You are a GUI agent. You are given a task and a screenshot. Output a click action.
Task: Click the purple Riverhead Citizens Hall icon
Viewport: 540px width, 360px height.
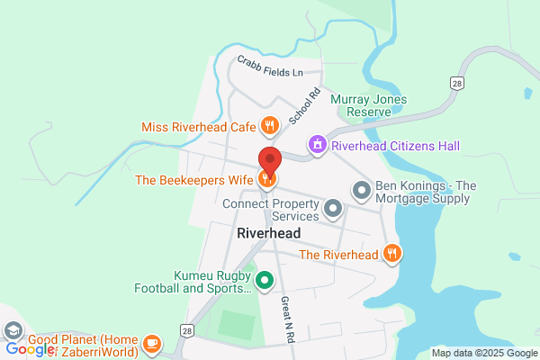pos(317,144)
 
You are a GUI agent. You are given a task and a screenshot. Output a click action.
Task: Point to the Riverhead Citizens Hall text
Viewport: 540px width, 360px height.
pos(395,145)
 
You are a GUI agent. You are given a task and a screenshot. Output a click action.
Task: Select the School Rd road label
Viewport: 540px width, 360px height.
pos(304,106)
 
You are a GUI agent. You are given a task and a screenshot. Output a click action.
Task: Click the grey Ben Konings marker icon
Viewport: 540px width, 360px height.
pos(361,191)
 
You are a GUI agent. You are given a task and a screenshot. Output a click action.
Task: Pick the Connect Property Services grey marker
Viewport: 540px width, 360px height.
pos(334,211)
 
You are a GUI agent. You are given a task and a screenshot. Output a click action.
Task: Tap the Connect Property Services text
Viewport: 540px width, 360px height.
pos(272,210)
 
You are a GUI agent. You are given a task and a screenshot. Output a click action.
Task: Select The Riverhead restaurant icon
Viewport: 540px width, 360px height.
pos(391,254)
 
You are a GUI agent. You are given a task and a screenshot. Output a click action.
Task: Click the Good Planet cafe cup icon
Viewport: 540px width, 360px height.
pos(152,344)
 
